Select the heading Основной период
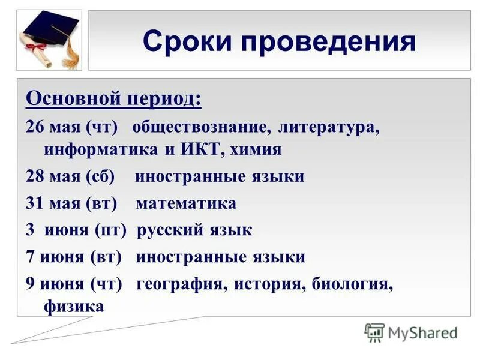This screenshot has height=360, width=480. [113, 97]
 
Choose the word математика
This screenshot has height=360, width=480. [186, 203]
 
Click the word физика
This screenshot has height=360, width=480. [74, 306]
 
